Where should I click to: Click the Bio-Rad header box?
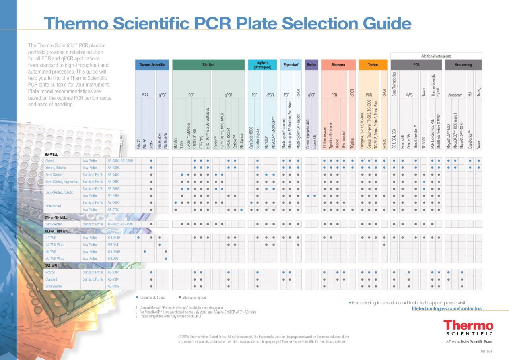click(208, 65)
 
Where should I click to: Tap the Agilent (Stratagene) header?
click(262, 65)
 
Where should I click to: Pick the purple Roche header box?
click(311, 65)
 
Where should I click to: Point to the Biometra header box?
click(338, 65)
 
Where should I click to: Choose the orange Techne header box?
click(373, 65)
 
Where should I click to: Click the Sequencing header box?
click(463, 65)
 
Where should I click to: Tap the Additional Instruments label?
click(436, 56)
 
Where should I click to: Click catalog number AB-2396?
click(113, 168)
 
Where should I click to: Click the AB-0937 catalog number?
click(113, 286)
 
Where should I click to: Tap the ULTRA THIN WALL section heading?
click(58, 231)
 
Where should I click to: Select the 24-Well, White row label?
click(55, 245)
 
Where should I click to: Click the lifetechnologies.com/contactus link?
click(447, 308)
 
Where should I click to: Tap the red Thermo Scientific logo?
click(468, 328)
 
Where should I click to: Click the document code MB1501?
click(486, 352)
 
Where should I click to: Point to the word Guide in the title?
click(378, 23)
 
